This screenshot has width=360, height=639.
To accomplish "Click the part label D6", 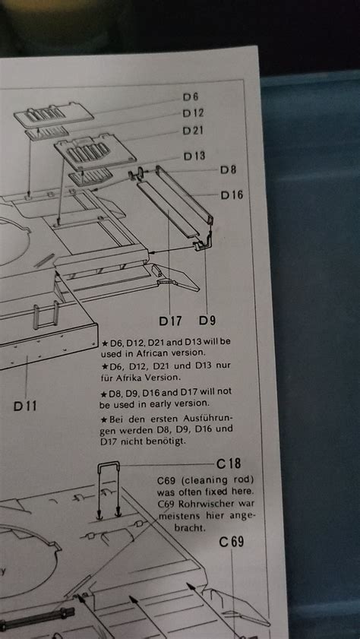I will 190,96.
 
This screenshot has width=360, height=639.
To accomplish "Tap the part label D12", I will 192,113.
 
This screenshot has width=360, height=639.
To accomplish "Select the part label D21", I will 193,130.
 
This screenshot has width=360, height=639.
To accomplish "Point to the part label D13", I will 194,156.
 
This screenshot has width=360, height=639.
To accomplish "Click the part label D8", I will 228,170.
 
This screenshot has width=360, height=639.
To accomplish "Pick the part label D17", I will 171,319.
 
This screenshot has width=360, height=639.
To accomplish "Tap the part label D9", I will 207,319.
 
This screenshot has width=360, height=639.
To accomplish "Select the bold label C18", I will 229,463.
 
